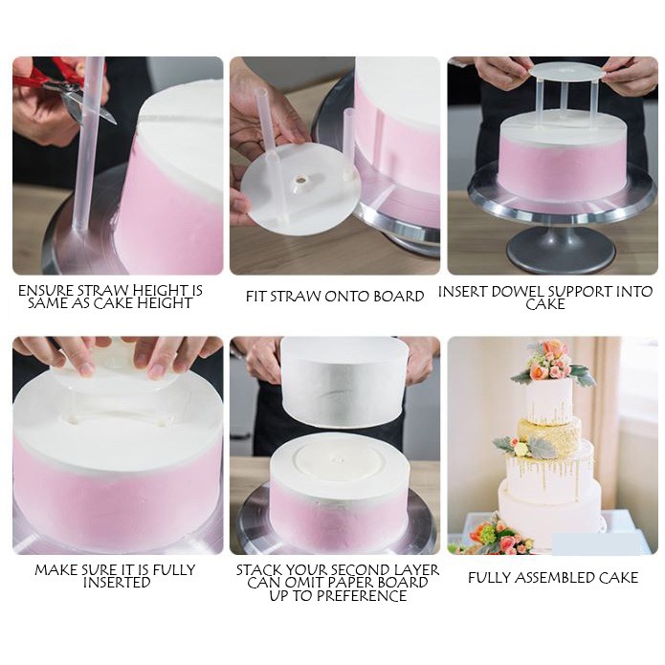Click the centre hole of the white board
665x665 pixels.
[301, 180]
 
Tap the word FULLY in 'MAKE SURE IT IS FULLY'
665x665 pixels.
[173, 570]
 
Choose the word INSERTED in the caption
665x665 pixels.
[117, 583]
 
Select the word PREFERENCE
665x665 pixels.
[362, 596]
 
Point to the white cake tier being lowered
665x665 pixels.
[343, 382]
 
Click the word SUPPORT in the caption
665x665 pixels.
[579, 292]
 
